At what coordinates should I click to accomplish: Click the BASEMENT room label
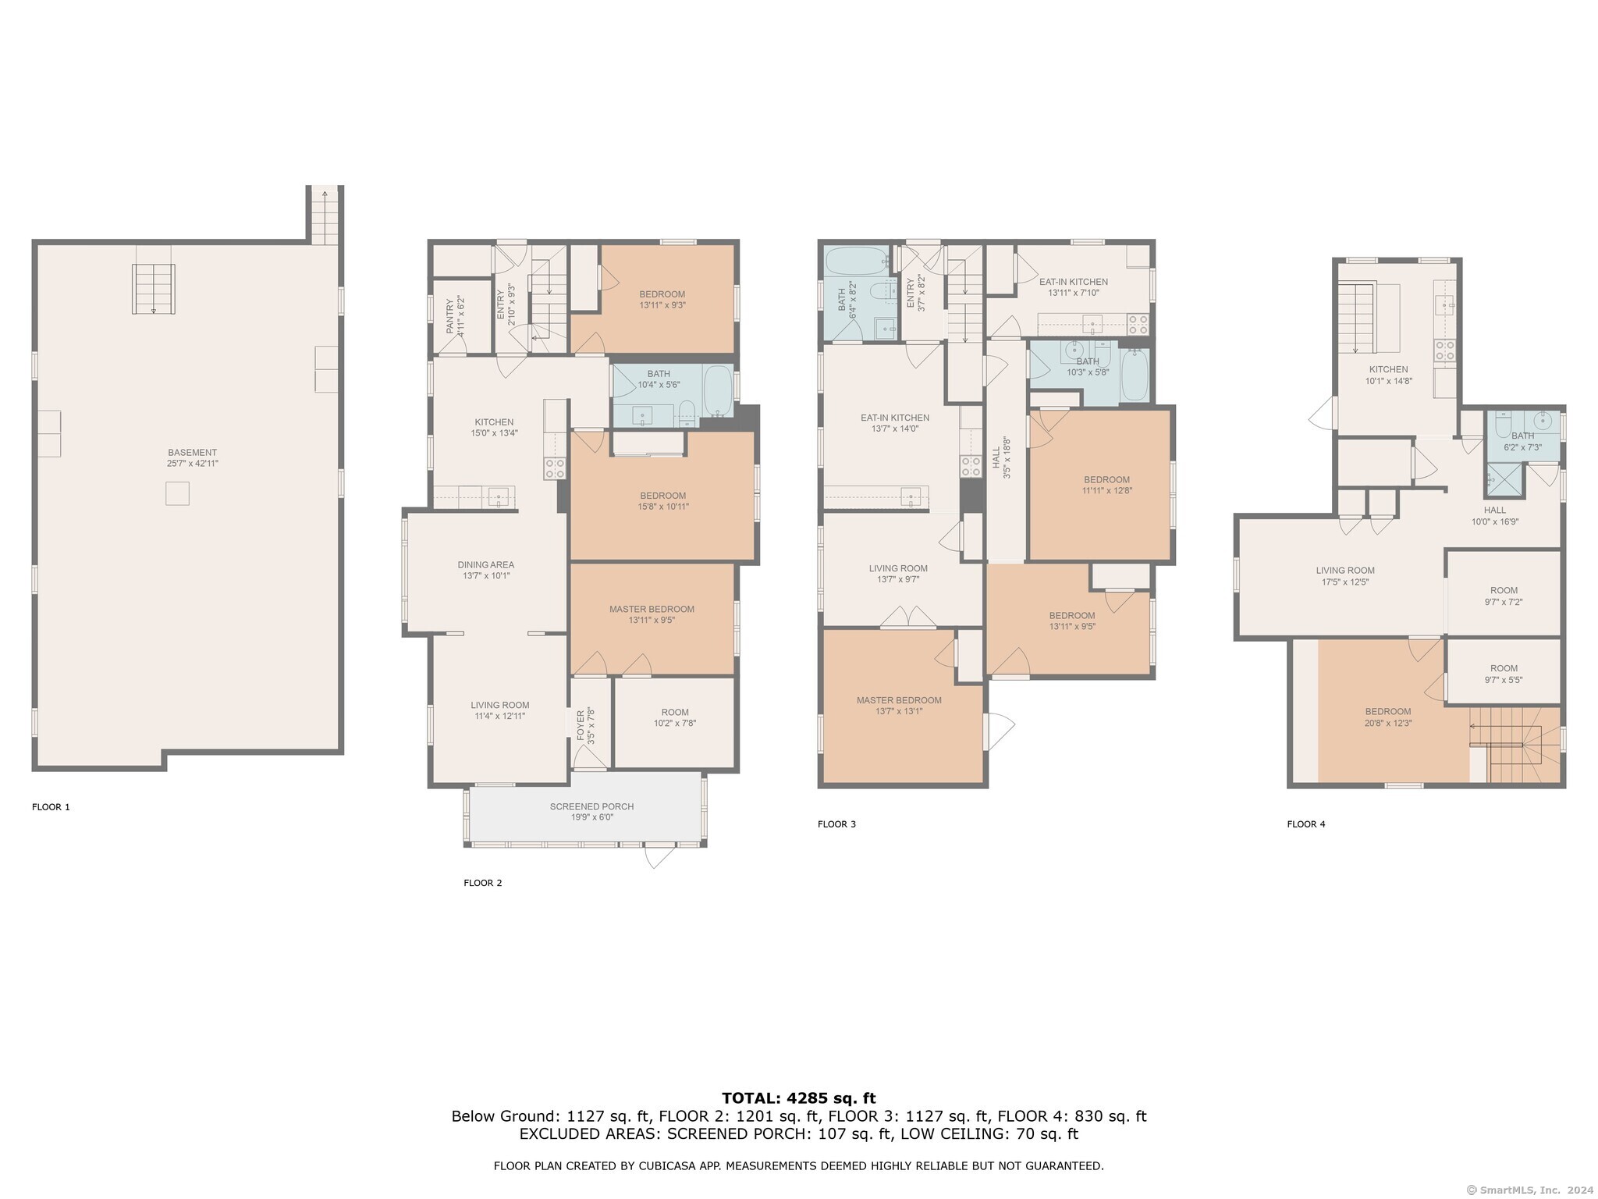coord(193,453)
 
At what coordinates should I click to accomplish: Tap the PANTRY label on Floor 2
coord(450,316)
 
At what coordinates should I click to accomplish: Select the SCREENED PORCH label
coord(591,806)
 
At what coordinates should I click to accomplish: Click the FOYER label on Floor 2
coord(580,725)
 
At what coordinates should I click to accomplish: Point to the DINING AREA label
coord(486,565)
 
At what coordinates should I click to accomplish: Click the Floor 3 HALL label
coord(996,457)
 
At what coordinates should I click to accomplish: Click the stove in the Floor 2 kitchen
coord(555,468)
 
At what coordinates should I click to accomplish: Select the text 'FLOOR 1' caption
coord(51,807)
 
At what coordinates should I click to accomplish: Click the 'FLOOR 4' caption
coord(1306,824)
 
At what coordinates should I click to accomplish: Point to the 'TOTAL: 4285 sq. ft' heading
coord(799,1098)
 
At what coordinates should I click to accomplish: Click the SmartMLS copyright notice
coord(1531,1190)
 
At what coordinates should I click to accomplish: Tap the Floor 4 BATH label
coord(1522,436)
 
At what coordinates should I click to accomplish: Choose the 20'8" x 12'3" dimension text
coord(1388,723)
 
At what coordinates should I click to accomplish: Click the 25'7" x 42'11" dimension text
coord(193,464)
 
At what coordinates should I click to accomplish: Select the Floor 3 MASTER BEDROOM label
coord(899,700)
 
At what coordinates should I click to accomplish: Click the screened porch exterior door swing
coord(659,856)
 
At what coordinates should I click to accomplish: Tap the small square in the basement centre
coord(177,493)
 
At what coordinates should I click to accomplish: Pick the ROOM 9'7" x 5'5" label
coord(1504,674)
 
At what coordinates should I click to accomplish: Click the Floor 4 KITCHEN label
coord(1388,370)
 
